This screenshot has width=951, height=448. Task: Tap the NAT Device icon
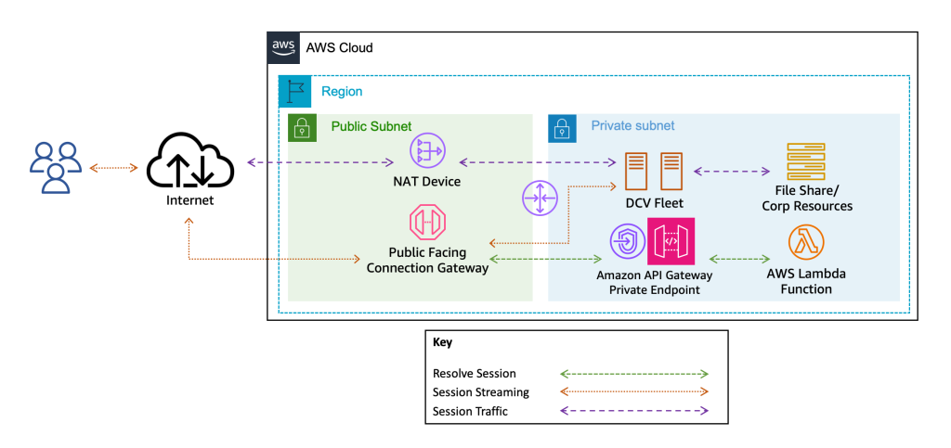coord(427,151)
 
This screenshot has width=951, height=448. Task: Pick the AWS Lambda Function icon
coord(806,243)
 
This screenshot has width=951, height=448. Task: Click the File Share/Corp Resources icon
coord(805,163)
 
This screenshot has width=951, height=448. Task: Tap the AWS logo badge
coord(283,47)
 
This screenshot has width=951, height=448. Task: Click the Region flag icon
coord(296,91)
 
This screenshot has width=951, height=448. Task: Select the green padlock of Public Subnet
coord(301,127)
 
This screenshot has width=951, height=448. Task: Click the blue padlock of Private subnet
coord(561,127)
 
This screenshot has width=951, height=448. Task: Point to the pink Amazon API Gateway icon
coord(671,240)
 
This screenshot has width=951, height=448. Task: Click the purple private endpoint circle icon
coord(627,241)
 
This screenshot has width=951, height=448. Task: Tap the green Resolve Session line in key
coord(634,373)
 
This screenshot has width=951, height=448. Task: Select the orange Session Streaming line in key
coord(634,391)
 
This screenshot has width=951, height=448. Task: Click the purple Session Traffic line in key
coord(634,410)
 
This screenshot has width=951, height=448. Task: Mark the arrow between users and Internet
coord(113,168)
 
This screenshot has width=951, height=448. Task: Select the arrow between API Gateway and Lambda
coord(739,259)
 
